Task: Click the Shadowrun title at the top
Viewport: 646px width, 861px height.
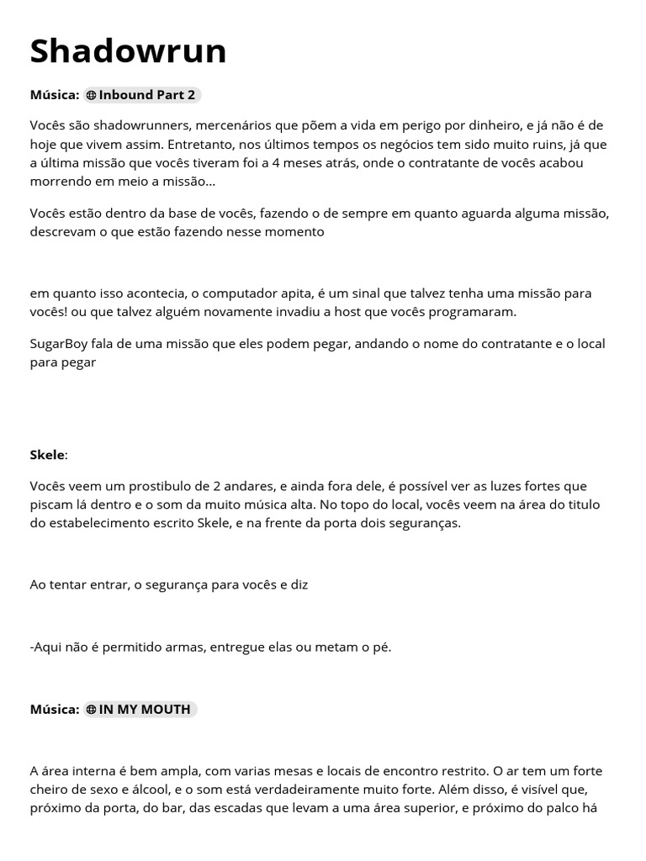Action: coord(128,51)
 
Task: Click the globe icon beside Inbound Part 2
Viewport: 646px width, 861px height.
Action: coord(91,96)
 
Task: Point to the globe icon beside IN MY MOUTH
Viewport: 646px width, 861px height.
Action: coord(91,710)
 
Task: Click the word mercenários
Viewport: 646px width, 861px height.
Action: coord(233,125)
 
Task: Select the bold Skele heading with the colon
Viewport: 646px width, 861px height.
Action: coord(49,455)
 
